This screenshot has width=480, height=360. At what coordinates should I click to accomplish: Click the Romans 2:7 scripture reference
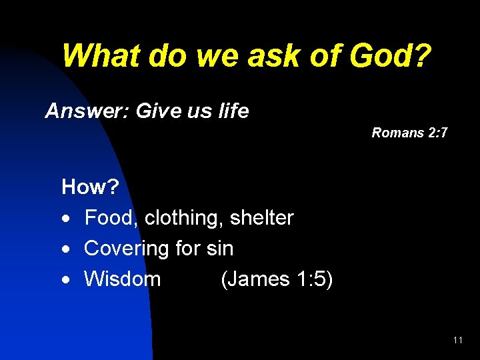click(409, 133)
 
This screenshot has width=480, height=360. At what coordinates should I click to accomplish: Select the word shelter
click(262, 218)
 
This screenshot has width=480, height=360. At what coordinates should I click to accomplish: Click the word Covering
click(127, 249)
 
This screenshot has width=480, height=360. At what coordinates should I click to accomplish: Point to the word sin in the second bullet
click(219, 249)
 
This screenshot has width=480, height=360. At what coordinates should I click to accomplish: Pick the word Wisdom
click(123, 279)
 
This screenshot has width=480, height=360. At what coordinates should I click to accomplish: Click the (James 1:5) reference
click(277, 279)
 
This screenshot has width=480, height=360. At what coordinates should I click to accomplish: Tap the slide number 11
click(457, 340)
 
